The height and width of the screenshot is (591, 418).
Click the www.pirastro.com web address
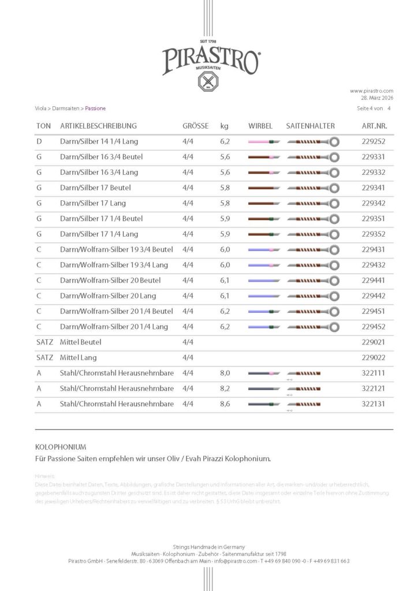371,91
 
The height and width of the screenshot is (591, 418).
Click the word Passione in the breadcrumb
95,109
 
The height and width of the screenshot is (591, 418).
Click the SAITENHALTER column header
310,126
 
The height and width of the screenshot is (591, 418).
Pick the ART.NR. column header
374,126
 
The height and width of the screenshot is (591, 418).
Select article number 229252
374,141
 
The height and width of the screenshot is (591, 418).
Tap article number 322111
374,373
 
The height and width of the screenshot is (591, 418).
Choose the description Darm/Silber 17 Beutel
95,188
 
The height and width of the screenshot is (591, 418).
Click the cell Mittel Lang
81,358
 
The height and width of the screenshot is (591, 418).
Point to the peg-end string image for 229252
263,141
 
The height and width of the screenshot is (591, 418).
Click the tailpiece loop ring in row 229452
334,327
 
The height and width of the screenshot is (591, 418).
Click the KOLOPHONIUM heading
61,447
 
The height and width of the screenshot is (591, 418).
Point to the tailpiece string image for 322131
304,404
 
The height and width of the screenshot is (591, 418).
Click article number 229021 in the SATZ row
374,342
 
